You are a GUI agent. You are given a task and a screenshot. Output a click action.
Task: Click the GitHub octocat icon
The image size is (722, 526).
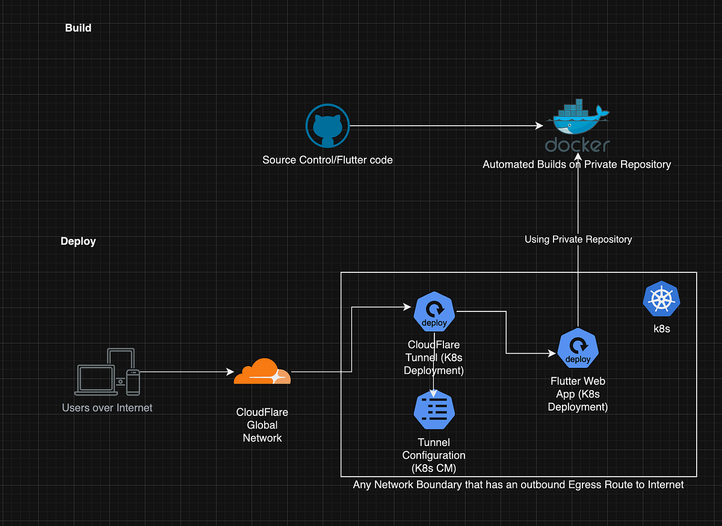tap(328, 126)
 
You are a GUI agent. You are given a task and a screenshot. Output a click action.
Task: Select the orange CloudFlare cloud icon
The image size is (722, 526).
tap(262, 372)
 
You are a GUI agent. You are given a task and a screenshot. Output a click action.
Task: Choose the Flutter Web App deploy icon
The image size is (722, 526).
tap(578, 349)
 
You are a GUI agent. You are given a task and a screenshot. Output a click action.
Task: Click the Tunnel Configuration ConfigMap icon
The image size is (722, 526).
tap(434, 410)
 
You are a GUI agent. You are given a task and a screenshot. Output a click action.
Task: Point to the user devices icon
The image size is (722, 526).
tap(108, 372)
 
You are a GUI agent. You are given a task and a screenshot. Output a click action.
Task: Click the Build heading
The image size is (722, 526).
tap(78, 28)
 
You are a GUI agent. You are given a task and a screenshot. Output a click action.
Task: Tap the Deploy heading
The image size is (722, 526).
tap(78, 241)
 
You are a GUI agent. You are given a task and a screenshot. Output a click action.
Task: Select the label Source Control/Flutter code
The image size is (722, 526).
tap(327, 160)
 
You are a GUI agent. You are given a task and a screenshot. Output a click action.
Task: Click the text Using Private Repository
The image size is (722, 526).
tap(578, 239)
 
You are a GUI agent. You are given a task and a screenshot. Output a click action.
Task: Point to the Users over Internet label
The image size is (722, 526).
tap(107, 408)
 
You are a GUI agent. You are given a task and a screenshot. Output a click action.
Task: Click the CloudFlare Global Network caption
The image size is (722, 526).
tap(262, 425)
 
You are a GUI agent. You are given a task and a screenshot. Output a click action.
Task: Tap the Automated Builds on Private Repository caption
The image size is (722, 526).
tap(576, 164)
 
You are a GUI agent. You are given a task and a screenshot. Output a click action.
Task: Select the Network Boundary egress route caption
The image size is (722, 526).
tap(518, 485)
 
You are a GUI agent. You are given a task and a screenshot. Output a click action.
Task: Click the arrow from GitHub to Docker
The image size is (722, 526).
tap(445, 126)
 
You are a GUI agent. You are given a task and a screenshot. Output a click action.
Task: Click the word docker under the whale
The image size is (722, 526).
tap(578, 145)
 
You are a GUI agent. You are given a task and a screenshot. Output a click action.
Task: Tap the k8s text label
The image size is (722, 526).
tap(661, 329)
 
